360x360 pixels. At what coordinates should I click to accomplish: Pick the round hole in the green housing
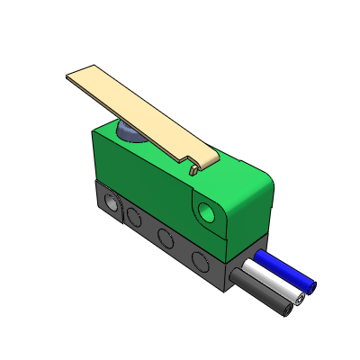[208, 212]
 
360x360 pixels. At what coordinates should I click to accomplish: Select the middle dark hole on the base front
[165, 238]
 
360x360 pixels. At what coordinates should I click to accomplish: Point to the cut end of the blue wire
[310, 288]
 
